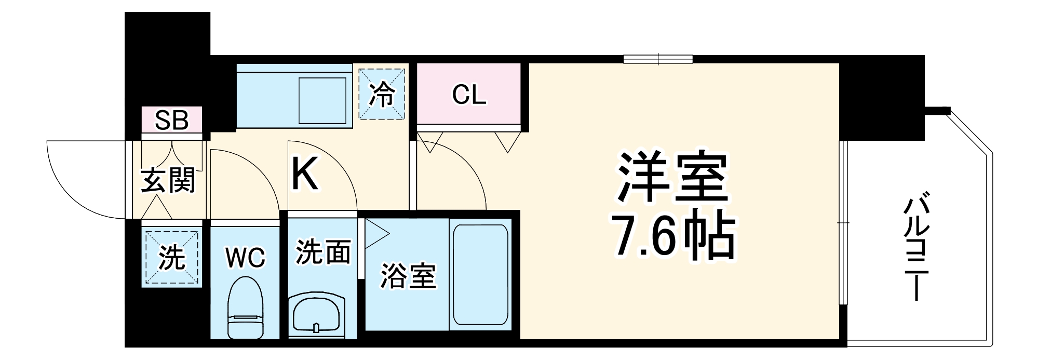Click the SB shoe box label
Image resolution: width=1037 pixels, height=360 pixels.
[172, 121]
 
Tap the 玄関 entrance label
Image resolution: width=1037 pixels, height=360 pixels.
[168, 180]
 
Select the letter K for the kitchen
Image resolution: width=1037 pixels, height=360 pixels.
[305, 175]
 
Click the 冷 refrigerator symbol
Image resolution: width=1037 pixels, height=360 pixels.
[382, 94]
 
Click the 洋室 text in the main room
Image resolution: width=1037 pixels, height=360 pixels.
[673, 177]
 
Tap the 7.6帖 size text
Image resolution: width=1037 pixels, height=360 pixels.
[674, 236]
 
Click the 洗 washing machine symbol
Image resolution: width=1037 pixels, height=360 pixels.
[172, 257]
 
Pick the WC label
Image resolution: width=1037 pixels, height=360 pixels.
[246, 257]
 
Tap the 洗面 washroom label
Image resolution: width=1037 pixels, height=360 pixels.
[323, 251]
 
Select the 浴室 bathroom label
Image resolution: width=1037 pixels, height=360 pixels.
[408, 275]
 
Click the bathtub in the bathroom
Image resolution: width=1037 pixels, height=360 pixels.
[480, 275]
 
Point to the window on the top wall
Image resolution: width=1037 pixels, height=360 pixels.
[658, 59]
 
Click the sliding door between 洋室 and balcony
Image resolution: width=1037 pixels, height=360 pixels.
[843, 223]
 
